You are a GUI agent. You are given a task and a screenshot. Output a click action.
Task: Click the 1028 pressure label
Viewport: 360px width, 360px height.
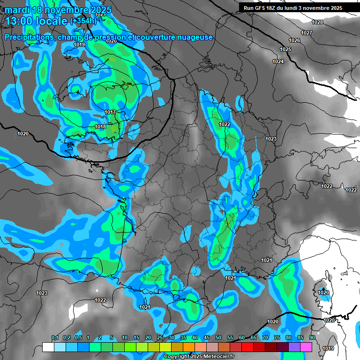(x=317, y=22)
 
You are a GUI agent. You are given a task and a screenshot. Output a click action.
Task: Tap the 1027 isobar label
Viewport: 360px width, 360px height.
(x=307, y=33)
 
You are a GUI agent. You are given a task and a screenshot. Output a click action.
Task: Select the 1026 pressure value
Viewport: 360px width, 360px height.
(x=294, y=41)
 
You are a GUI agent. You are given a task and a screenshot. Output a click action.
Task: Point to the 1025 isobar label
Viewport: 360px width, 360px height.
(x=285, y=49)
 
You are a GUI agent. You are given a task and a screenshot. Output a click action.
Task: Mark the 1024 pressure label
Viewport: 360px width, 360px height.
(x=278, y=61)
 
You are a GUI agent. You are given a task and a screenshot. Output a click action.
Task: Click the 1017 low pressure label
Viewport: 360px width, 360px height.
(x=110, y=112)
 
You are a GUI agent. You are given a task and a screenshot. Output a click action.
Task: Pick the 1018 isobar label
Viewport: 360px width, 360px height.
(x=100, y=127)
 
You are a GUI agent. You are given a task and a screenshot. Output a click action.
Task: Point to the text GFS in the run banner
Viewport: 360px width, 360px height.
(x=264, y=8)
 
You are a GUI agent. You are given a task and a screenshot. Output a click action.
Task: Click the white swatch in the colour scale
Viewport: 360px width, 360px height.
(x=48, y=347)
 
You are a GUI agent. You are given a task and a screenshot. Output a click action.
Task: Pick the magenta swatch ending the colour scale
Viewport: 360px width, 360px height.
(x=306, y=347)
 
